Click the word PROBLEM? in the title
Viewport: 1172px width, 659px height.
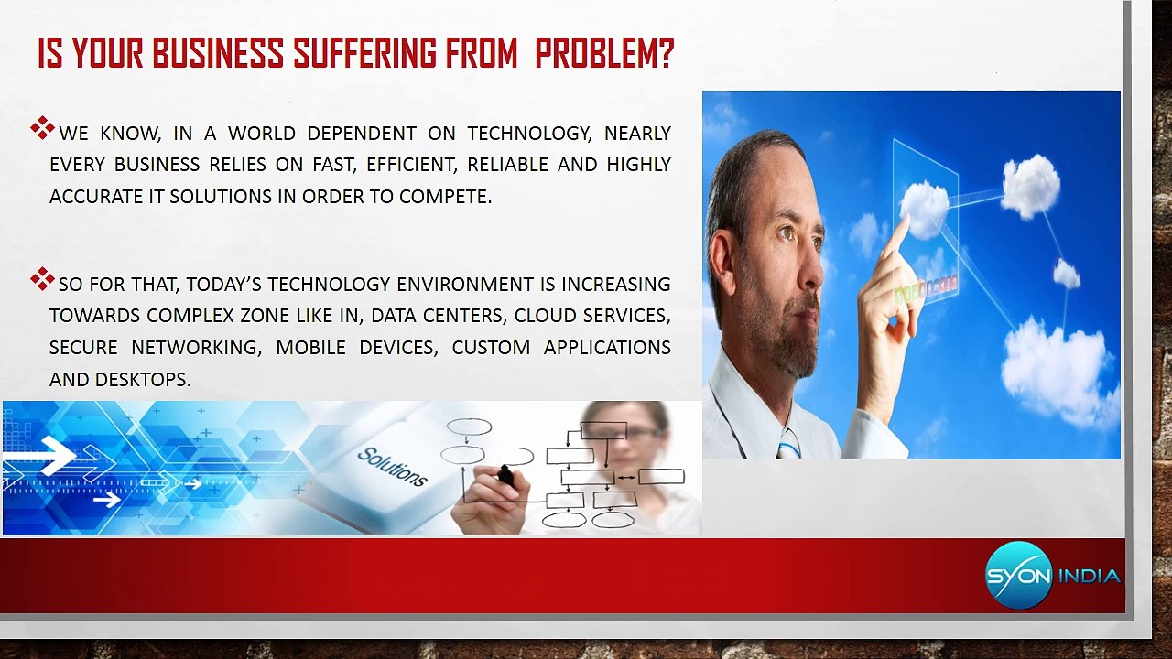pos(604,55)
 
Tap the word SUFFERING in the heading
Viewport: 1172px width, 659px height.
pos(365,55)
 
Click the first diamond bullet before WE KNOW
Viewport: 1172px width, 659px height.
pos(42,128)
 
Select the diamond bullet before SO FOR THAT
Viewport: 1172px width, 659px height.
pos(42,279)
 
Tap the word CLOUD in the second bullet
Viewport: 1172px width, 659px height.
pos(544,316)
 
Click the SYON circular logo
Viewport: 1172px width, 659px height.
pos(1018,575)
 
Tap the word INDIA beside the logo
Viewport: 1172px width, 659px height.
pos(1089,576)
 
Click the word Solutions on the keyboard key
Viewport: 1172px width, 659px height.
pos(392,467)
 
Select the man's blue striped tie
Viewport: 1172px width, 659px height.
pos(787,446)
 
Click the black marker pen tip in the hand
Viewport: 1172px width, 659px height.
pos(505,474)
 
